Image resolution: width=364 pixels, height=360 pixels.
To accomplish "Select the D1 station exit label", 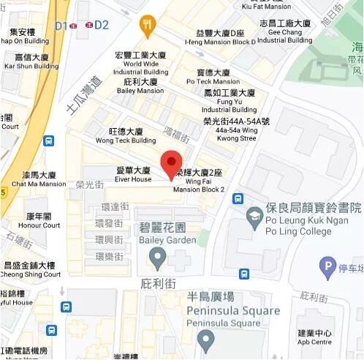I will pos(61,26).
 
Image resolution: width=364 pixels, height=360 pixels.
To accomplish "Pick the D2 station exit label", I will pos(102,26).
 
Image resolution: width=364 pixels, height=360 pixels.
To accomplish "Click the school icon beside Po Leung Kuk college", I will pos(254,215).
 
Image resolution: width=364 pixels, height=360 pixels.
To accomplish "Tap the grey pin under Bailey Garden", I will pos(157,257).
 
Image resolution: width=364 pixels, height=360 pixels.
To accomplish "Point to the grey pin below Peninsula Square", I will pos(207,340).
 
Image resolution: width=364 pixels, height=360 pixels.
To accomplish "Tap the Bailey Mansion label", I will pos(139,86).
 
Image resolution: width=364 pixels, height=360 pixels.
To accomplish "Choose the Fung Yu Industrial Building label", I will pos(230,101).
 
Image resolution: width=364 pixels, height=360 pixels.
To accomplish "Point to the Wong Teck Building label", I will pos(126,135).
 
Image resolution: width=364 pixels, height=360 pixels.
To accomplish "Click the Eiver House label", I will pos(134,174).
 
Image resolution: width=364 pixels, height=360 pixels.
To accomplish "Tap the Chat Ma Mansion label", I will pos(39,179).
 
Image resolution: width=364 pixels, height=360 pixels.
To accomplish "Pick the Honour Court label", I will pos(39,220).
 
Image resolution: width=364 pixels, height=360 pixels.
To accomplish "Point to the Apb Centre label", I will pos(315,337).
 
